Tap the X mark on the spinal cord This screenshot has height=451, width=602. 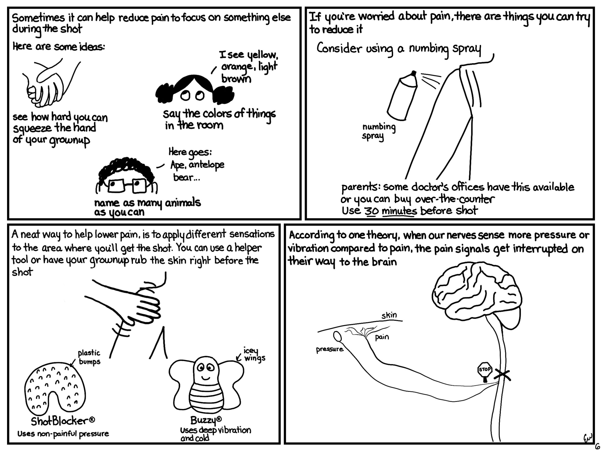coord(502,375)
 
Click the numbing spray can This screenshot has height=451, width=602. coord(402,95)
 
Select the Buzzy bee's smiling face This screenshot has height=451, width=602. coord(205,370)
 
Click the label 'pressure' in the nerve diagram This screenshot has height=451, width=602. coord(330,349)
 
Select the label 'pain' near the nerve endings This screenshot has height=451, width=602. coord(382,337)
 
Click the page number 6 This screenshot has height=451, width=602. coord(597,446)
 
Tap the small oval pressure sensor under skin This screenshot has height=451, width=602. coord(337,336)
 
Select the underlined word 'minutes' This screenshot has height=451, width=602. coord(399,211)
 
